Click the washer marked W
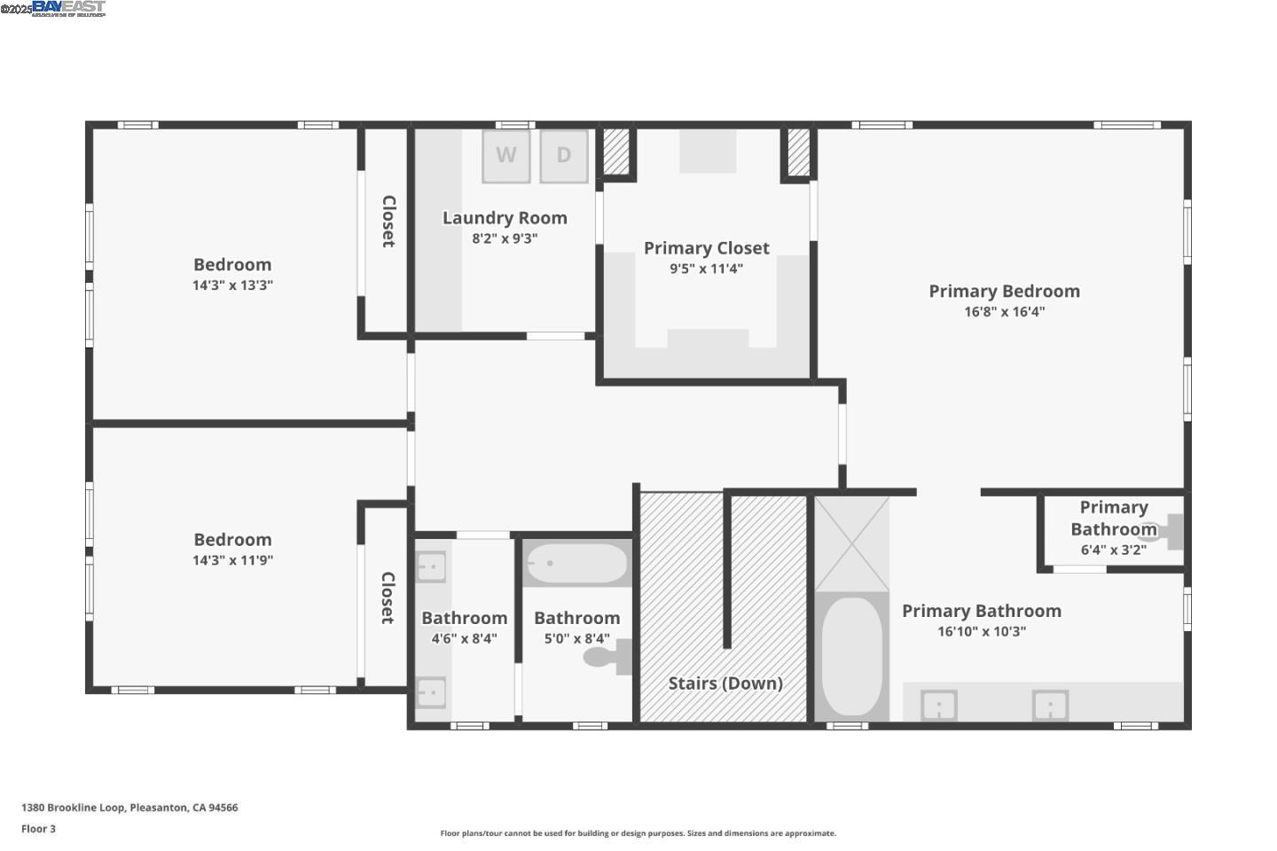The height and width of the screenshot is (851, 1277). tap(505, 156)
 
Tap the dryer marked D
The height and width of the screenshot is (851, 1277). tap(563, 156)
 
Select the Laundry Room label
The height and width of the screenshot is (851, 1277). tap(505, 218)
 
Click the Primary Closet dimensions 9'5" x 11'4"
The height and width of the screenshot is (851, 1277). tap(706, 269)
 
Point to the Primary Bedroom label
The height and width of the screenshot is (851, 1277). tap(1004, 292)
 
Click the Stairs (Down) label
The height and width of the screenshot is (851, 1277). tap(725, 683)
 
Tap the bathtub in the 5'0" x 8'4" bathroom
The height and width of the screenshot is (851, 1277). tap(576, 563)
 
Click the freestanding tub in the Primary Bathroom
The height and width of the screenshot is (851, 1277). tap(851, 656)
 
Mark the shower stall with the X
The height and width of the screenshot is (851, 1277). tap(851, 543)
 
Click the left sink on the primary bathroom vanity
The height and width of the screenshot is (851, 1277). tap(938, 707)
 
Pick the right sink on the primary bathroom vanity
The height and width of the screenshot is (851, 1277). tap(1049, 707)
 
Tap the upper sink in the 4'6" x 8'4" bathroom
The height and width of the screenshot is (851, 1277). tap(431, 566)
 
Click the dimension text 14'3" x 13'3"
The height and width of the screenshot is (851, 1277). tap(232, 285)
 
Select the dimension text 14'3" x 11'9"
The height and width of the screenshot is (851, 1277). tap(232, 560)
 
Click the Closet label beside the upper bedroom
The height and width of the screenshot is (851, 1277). tap(388, 221)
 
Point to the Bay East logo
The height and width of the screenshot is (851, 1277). tap(68, 9)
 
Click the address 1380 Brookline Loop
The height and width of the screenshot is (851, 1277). tap(129, 808)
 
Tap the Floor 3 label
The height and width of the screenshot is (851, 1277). tap(38, 829)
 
